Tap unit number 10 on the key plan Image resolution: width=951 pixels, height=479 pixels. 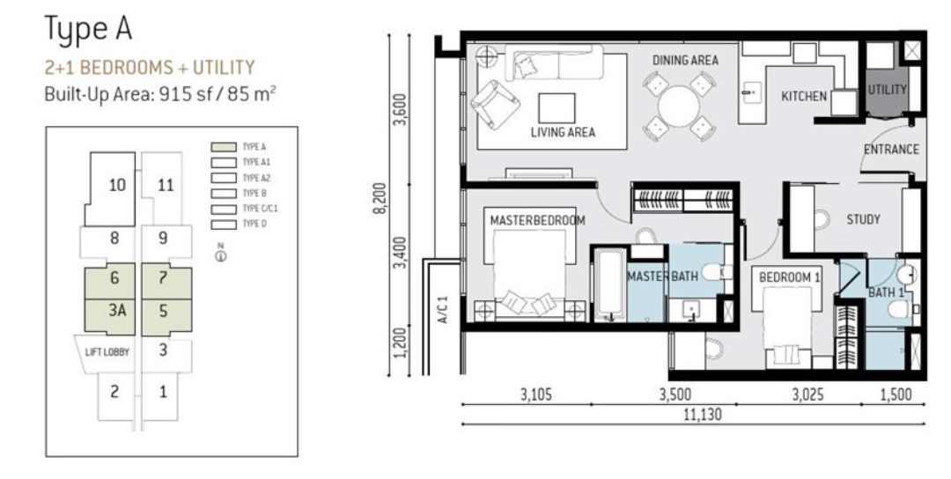(x=116, y=185)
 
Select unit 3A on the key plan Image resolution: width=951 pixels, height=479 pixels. (x=115, y=312)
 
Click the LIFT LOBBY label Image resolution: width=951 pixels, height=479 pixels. (x=108, y=352)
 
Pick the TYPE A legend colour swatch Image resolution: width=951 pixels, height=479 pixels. (x=224, y=147)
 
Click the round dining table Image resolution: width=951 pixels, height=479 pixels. (x=678, y=107)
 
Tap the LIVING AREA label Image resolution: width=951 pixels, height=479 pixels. (x=563, y=133)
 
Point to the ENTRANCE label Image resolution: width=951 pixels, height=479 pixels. (x=890, y=150)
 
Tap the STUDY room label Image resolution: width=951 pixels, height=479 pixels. (x=863, y=219)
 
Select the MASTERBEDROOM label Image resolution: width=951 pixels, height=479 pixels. (x=537, y=220)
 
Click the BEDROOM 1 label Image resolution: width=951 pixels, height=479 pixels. (x=790, y=277)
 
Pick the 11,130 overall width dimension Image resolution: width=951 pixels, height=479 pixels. (x=692, y=415)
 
